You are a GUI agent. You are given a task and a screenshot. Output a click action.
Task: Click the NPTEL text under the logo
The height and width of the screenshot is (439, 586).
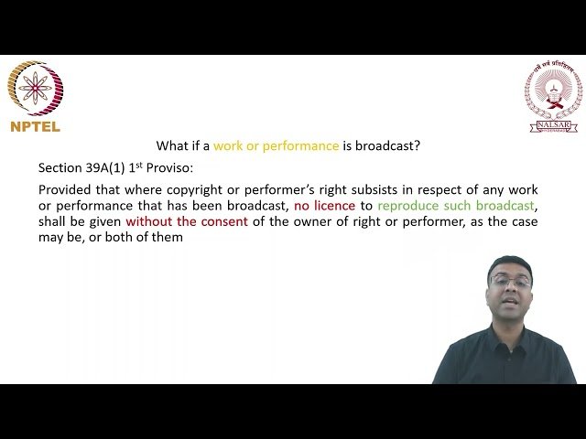[x=35, y=127]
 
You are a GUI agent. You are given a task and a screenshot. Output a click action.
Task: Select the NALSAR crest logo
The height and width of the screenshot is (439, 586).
[x=552, y=97]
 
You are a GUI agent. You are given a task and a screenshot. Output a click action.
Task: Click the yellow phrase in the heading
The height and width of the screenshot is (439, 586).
[x=276, y=145]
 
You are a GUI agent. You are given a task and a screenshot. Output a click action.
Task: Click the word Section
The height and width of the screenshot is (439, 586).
[x=60, y=168]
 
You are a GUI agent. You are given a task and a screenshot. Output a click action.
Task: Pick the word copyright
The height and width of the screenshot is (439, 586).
[x=172, y=190]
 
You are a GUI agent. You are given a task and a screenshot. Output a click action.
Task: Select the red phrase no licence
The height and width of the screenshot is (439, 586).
[x=324, y=206]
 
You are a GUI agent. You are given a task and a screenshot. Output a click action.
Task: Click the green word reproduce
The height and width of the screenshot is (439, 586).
[x=409, y=206]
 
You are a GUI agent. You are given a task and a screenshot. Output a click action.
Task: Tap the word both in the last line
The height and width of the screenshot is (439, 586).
[x=112, y=237]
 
